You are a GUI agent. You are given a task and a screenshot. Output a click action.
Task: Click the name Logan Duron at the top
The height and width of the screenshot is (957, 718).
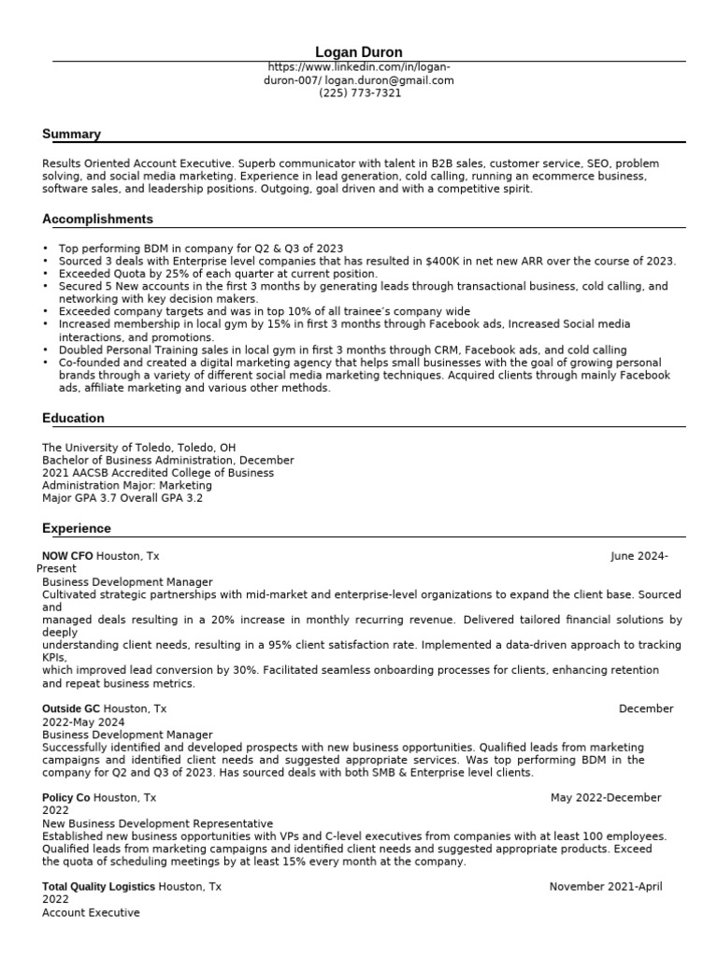coord(360,52)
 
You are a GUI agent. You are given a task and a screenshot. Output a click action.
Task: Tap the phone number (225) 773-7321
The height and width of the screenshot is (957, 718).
coord(360,93)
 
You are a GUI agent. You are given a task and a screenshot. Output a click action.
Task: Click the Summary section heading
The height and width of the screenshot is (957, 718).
coord(71,134)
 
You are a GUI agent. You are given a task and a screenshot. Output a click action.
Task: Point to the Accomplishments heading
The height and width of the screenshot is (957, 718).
coord(97,219)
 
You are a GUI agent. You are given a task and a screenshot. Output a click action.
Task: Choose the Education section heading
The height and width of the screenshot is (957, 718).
coord(73,418)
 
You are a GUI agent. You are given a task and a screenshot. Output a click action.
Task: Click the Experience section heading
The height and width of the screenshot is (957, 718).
coord(77,528)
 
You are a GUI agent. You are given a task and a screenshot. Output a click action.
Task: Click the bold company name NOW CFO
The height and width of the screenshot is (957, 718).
coord(67,556)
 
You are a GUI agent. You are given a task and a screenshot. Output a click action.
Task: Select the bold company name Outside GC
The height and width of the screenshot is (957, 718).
coord(71,708)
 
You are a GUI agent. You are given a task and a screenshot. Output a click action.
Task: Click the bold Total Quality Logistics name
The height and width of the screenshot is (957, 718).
coord(99,886)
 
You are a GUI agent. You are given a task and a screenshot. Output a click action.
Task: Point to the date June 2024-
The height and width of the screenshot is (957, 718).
coord(639,556)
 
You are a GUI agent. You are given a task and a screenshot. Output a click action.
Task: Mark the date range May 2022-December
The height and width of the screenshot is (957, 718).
coord(606,797)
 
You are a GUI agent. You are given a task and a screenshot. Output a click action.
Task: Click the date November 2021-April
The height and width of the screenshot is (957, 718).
coord(606,886)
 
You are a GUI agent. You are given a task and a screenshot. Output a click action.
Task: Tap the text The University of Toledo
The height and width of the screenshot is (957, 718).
coord(104,448)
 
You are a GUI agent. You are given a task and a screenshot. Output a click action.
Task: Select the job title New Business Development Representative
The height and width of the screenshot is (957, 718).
coord(158,823)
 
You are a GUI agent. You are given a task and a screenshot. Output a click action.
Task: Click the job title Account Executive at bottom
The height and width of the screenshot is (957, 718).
coord(91,912)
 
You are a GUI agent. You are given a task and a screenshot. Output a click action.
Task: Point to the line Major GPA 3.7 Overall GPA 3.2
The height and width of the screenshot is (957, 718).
coord(122,498)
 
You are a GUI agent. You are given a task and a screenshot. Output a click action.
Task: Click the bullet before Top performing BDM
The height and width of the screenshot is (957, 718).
coord(46,249)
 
